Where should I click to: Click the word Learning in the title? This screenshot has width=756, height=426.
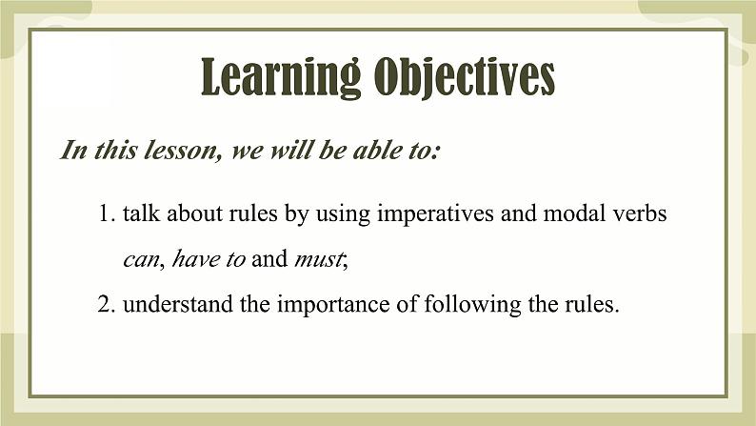click(281, 77)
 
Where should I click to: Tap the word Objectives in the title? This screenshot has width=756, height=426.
click(465, 77)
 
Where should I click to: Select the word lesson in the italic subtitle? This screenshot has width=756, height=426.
click(183, 150)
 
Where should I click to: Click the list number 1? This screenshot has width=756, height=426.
click(107, 213)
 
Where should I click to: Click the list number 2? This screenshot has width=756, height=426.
click(106, 304)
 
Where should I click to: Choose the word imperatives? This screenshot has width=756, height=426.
click(435, 213)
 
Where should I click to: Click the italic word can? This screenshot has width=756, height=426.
click(141, 259)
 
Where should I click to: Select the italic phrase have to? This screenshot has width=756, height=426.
click(209, 258)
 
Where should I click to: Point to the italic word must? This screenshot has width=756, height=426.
click(319, 259)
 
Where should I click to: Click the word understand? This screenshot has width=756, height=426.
click(177, 304)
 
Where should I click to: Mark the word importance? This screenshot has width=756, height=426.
click(333, 305)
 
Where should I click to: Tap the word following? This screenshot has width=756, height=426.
click(472, 305)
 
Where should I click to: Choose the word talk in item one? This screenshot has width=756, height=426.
click(141, 213)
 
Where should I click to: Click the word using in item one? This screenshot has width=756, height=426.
click(343, 214)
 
